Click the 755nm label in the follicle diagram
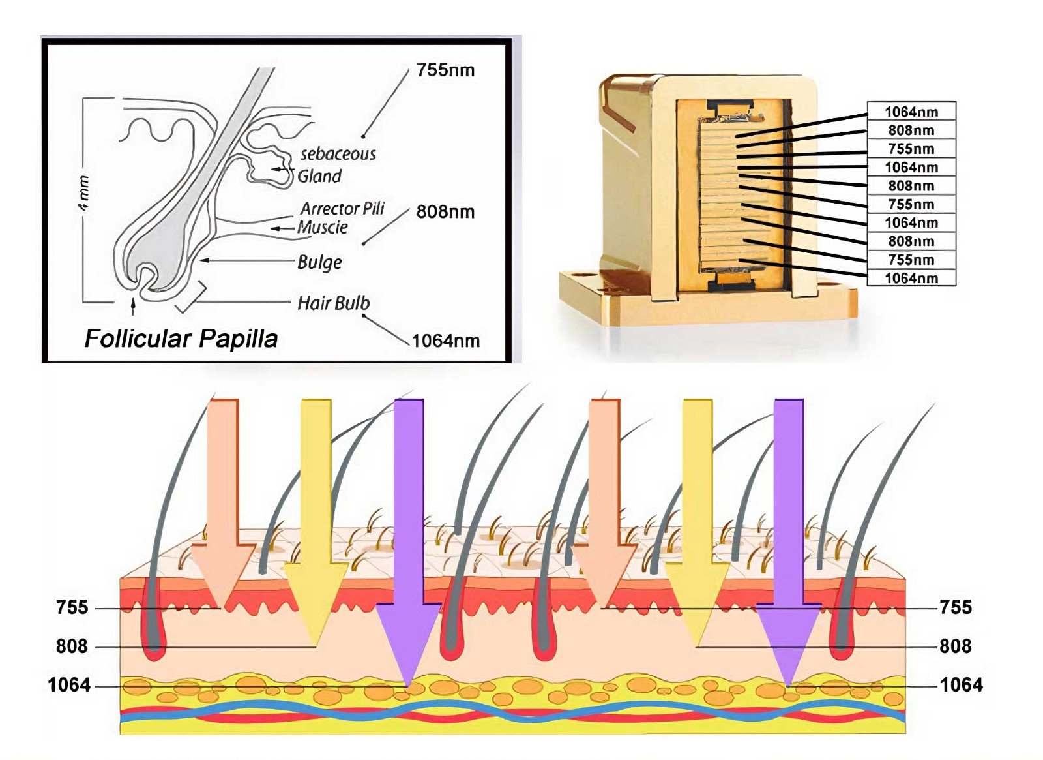pyautogui.click(x=445, y=70)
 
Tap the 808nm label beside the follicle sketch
pyautogui.click(x=445, y=211)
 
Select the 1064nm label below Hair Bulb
pyautogui.click(x=446, y=341)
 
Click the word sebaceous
pyautogui.click(x=338, y=154)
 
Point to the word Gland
pyautogui.click(x=319, y=176)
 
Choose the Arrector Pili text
pyautogui.click(x=342, y=209)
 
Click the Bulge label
pyautogui.click(x=319, y=262)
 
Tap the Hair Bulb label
pyautogui.click(x=333, y=303)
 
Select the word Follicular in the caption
pyautogui.click(x=138, y=339)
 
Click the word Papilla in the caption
pyautogui.click(x=238, y=339)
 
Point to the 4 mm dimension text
pyautogui.click(x=84, y=193)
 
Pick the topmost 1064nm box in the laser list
pyautogui.click(x=911, y=112)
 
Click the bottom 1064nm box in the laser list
pyautogui.click(x=911, y=279)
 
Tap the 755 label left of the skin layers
pyautogui.click(x=72, y=607)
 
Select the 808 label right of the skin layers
pyautogui.click(x=955, y=646)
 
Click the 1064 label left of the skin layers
pyautogui.click(x=69, y=685)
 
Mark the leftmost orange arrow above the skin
pyautogui.click(x=223, y=496)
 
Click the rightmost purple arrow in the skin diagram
pyautogui.click(x=788, y=522)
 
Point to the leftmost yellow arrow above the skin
pyautogui.click(x=316, y=509)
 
